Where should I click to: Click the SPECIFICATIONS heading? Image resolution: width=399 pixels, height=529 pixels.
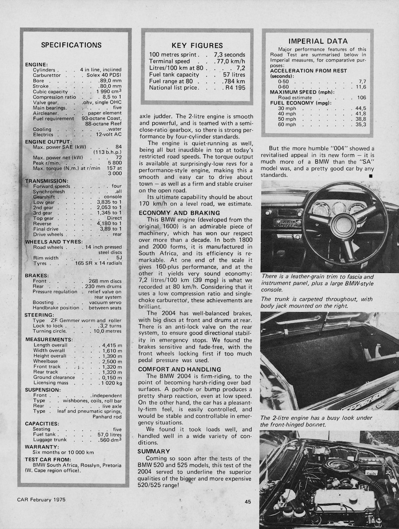[71, 45]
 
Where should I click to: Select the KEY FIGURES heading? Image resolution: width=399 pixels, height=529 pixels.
[197, 46]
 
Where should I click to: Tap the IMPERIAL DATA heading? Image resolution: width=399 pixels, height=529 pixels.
[318, 41]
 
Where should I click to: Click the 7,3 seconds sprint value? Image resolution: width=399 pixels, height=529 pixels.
[229, 55]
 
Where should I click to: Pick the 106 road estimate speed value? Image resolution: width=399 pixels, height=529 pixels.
[362, 98]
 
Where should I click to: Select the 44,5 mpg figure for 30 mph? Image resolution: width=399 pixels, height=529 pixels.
[360, 108]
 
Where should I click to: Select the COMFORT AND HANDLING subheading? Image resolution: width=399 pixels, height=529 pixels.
[180, 369]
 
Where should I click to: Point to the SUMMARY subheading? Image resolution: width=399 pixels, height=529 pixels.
[154, 451]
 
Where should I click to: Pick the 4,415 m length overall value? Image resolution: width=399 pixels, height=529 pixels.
[112, 345]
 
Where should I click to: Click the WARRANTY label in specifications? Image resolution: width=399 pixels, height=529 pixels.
[42, 446]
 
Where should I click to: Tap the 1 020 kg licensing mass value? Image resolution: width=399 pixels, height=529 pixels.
[111, 383]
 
